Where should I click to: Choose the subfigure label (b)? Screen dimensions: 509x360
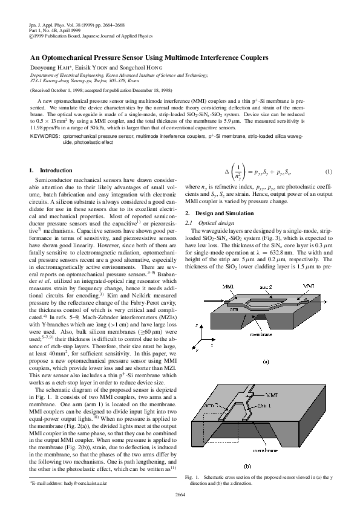pos(264,466)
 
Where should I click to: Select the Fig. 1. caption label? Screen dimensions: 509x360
pos(192,478)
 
